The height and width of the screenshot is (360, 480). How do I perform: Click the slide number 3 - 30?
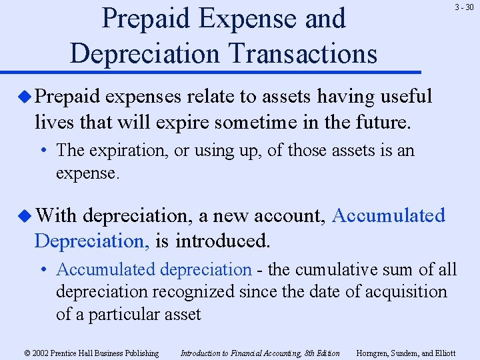465,7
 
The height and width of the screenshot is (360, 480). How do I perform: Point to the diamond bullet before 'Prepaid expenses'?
25,97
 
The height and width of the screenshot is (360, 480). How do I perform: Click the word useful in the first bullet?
405,97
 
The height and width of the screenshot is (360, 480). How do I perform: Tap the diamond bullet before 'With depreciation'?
25,216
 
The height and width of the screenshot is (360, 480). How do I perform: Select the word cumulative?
326,269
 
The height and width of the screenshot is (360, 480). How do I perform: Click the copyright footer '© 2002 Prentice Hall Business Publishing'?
91,353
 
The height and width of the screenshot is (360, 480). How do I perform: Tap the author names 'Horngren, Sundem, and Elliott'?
406,353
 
